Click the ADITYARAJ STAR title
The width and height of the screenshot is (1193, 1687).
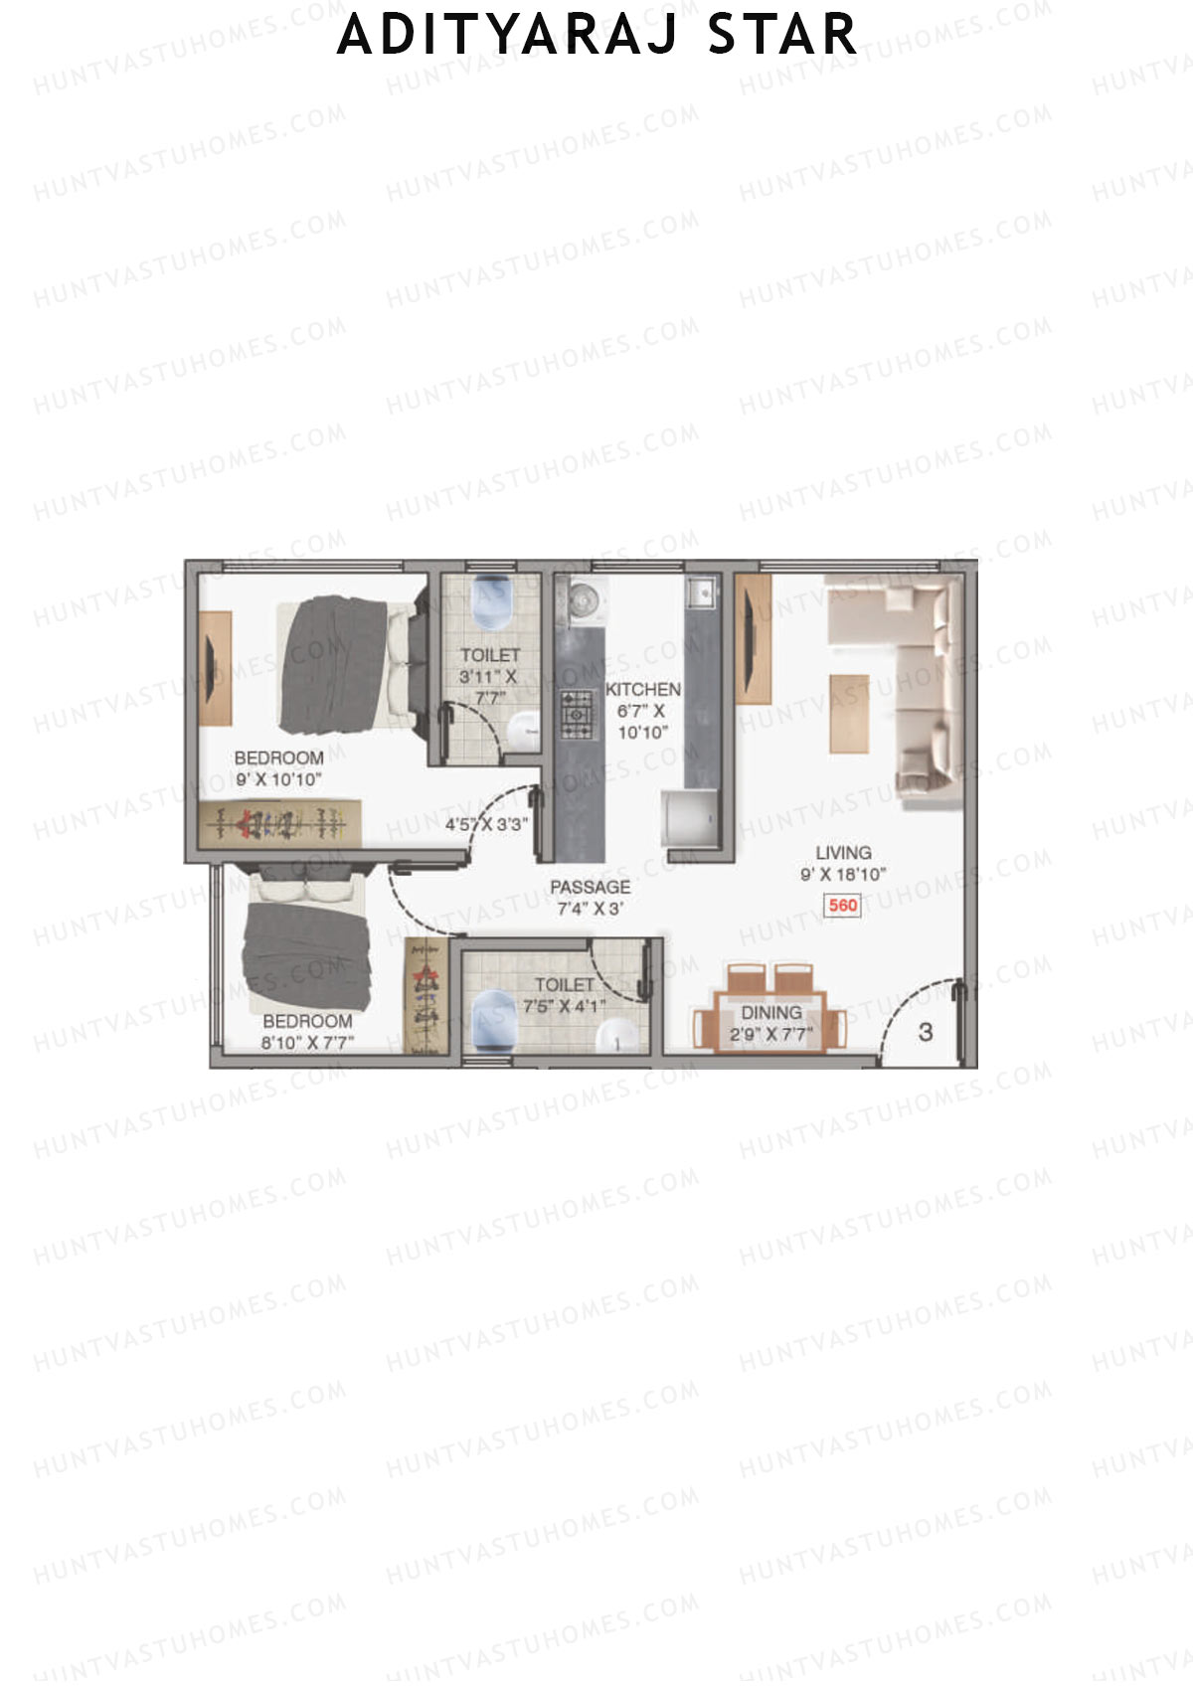click(x=596, y=35)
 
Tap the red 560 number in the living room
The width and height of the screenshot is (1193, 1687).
click(x=842, y=905)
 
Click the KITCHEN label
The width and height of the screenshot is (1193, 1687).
click(x=643, y=689)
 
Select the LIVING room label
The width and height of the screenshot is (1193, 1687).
click(x=843, y=852)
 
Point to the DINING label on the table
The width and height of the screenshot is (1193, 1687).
click(x=770, y=1012)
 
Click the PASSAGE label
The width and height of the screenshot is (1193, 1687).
click(x=590, y=887)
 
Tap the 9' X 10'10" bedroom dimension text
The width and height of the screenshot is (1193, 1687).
click(x=278, y=779)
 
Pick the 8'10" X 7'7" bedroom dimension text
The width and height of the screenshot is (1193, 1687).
click(x=307, y=1043)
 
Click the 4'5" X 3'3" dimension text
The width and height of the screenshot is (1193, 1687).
click(x=486, y=824)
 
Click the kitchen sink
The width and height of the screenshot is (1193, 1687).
click(x=701, y=590)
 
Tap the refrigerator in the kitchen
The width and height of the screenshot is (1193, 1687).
click(x=690, y=819)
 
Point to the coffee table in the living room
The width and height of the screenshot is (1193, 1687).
click(x=849, y=713)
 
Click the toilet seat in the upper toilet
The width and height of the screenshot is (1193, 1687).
click(x=490, y=601)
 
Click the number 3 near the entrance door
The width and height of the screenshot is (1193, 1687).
click(x=926, y=1032)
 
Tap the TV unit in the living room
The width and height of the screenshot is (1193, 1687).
click(x=754, y=638)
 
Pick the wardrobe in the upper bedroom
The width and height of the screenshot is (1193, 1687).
click(x=279, y=824)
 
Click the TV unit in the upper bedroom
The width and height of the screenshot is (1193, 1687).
click(x=215, y=668)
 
